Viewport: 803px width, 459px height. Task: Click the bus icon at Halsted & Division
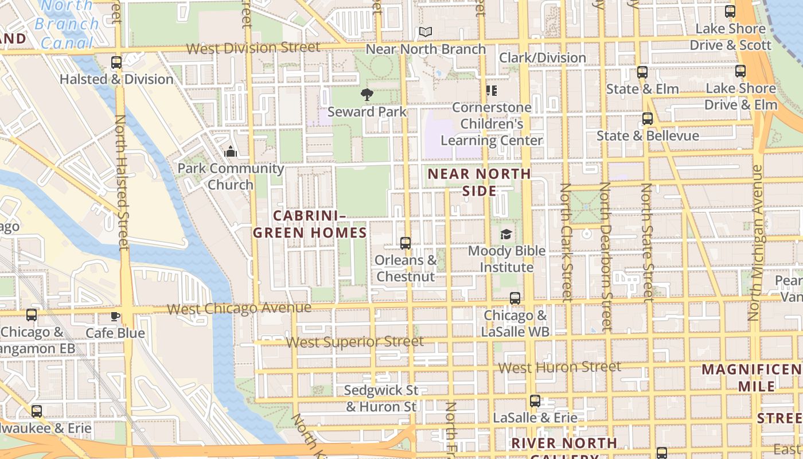pos(116,63)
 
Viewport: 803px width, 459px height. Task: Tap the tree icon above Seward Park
pos(367,95)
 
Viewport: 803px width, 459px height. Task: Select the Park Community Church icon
pos(231,151)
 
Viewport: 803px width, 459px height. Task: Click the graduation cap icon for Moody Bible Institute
pos(506,234)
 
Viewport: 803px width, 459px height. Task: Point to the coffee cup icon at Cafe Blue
pos(115,316)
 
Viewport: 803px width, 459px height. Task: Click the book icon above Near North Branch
pos(425,32)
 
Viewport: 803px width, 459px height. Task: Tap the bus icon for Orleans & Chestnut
pos(406,243)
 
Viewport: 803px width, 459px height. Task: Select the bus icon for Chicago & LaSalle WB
pos(515,298)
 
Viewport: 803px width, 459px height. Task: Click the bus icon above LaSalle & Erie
pos(535,401)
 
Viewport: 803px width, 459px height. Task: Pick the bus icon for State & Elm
pos(642,72)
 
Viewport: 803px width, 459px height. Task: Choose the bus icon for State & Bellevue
pos(648,119)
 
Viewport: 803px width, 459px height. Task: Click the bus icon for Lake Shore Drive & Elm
pos(740,71)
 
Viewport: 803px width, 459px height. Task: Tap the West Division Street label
pos(253,48)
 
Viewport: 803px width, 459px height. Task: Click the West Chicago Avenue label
pos(239,309)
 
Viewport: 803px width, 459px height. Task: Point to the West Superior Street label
pos(355,342)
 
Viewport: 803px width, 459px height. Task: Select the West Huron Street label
pos(560,367)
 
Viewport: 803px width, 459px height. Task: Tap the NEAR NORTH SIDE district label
pos(480,182)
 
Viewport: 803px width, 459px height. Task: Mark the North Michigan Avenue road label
pos(757,243)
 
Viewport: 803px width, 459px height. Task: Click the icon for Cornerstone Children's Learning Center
pos(491,91)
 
